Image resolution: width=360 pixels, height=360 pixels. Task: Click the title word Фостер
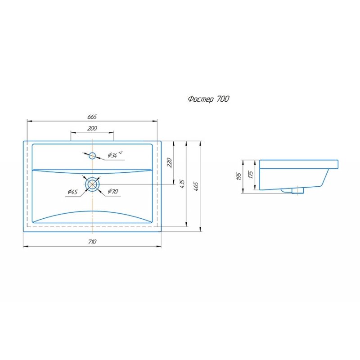[201, 99]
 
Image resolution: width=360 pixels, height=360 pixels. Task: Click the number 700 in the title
[223, 99]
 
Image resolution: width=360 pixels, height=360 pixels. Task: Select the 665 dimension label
[92, 117]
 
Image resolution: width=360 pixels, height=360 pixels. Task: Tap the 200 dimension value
[92, 128]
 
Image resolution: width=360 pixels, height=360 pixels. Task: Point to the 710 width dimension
[92, 242]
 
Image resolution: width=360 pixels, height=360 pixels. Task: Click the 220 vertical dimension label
[170, 162]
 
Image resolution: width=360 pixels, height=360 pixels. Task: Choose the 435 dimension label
[182, 184]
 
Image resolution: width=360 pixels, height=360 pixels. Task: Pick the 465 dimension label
[196, 186]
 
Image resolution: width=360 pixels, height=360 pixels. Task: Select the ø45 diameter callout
[73, 192]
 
